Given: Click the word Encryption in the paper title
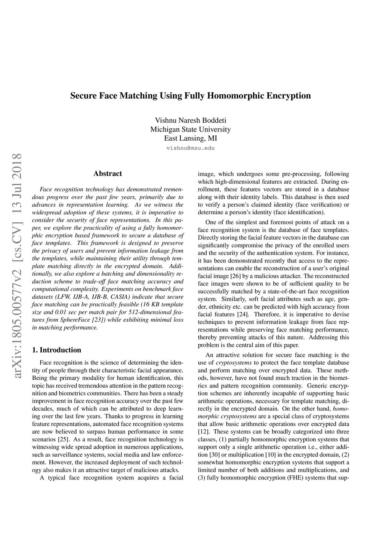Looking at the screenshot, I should point(288,95).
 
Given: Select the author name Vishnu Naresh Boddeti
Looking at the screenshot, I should point(190,120).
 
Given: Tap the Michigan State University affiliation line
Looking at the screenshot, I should point(190,130).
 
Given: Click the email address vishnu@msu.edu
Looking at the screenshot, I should point(190,148).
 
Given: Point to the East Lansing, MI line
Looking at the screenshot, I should point(190,138).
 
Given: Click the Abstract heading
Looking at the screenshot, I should point(108,174).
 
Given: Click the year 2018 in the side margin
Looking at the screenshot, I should point(17,169).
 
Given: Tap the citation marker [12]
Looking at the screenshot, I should point(203,432).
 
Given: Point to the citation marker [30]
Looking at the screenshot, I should point(214,455).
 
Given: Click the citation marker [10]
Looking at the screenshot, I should point(271,455).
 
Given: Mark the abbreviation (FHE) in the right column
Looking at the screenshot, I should point(294,478).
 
